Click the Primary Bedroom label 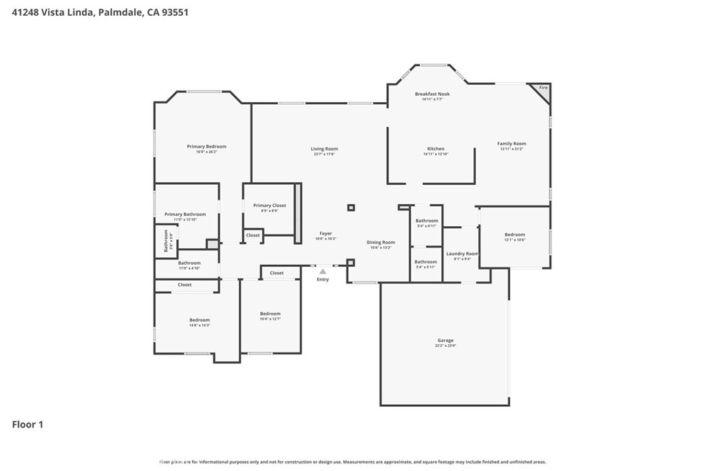(207, 146)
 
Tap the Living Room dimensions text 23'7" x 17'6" (324, 154)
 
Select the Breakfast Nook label (432, 94)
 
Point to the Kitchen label (436, 149)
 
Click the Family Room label (512, 143)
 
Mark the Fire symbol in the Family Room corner (543, 88)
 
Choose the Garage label (445, 341)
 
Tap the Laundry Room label (463, 254)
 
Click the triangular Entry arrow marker (322, 272)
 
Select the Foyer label (326, 234)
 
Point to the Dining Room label (381, 242)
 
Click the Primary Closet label (269, 206)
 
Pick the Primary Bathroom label (185, 214)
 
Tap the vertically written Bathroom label (166, 241)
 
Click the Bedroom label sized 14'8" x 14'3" (200, 320)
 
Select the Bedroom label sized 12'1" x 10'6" (514, 234)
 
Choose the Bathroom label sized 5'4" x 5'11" (425, 262)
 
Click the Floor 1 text (28, 425)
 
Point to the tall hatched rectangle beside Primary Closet (298, 212)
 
